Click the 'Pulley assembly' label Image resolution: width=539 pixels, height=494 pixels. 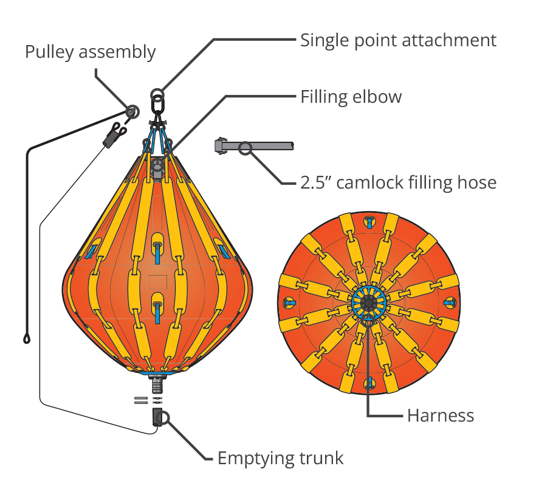(91, 52)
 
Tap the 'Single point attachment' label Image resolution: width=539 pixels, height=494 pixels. (399, 40)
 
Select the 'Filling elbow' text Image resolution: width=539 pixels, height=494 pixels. (351, 97)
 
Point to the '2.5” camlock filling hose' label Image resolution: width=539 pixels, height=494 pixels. (399, 182)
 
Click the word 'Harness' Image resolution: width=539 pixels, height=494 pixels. (441, 416)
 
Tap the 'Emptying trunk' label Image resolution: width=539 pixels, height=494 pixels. (281, 459)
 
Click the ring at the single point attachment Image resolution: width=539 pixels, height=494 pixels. (157, 94)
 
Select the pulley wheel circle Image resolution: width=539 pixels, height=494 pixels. (132, 112)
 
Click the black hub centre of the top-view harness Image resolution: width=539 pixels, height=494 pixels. (369, 303)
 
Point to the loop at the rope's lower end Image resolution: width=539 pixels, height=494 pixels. (27, 339)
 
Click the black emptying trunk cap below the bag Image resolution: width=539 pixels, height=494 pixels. (157, 417)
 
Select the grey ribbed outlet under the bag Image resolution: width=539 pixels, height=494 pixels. (158, 384)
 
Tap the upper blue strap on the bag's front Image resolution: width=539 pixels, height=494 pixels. (157, 253)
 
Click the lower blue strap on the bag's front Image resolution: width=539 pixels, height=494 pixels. (157, 313)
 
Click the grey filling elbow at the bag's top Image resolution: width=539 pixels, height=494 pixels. (157, 169)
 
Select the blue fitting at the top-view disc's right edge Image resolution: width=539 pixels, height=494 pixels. (450, 302)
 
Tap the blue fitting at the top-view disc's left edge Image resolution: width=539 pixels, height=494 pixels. (289, 302)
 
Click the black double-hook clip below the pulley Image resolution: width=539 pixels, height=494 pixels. (114, 134)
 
